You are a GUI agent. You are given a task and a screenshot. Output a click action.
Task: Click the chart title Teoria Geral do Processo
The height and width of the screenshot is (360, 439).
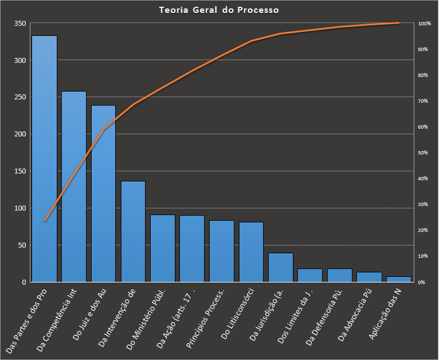coord(219,10)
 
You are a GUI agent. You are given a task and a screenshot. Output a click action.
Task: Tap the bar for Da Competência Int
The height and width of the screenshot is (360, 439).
coord(74,186)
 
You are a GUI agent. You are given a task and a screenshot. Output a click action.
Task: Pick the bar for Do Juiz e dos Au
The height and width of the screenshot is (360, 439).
coord(103,193)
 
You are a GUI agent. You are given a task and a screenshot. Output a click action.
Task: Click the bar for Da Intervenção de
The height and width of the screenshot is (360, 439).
coord(133,231)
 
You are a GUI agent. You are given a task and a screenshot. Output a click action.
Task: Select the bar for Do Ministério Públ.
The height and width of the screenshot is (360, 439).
coord(162,248)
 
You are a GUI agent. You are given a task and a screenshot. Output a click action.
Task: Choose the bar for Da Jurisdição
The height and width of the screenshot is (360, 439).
coord(280,267)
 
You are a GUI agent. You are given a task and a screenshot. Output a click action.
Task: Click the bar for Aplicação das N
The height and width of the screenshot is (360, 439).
coord(399,279)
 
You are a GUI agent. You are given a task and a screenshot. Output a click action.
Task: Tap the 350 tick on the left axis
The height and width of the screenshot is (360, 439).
coord(20,24)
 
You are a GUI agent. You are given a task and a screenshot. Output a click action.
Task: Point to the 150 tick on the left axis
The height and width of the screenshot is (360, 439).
coord(20,171)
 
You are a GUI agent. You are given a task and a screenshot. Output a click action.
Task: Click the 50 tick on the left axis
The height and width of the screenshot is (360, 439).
coord(22,245)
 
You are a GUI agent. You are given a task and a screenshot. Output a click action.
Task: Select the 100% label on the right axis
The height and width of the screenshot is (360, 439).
coord(424,24)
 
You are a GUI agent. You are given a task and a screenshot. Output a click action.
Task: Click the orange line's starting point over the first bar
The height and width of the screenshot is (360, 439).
coord(44,221)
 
